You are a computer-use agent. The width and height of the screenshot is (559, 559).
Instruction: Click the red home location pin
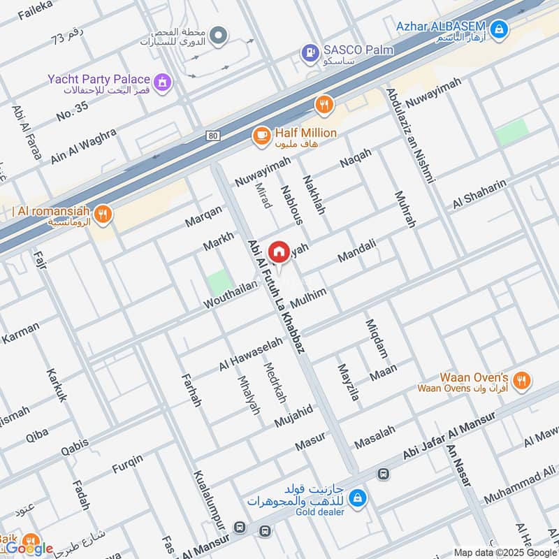click(279, 251)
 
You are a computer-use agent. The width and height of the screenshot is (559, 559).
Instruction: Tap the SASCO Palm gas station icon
click(308, 52)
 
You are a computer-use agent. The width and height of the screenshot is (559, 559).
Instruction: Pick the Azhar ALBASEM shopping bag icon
click(498, 29)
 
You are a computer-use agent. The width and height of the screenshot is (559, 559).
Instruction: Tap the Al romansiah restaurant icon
click(103, 214)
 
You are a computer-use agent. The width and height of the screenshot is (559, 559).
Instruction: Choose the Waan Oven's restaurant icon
click(521, 381)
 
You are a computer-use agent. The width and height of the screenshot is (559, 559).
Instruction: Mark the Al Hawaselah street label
click(251, 354)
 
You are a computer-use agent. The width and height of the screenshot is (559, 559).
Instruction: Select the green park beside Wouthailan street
click(219, 282)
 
